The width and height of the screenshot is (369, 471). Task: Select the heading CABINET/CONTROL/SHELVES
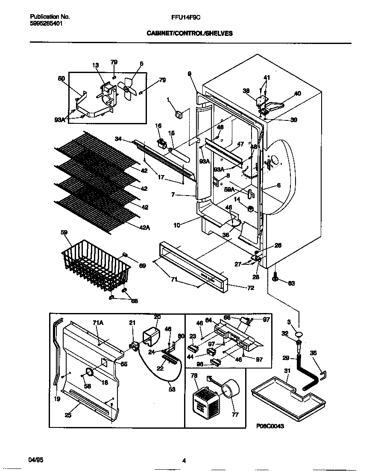point(190,33)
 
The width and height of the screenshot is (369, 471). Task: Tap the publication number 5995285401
point(47,24)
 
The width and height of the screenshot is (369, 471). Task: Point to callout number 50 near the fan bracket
point(61,79)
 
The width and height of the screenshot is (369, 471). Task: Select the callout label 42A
point(145,228)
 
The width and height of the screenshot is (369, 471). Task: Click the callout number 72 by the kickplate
point(251,288)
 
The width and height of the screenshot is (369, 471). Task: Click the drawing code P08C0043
point(270,426)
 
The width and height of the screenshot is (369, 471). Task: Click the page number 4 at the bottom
point(184,460)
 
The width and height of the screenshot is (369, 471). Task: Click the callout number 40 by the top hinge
point(297,94)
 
